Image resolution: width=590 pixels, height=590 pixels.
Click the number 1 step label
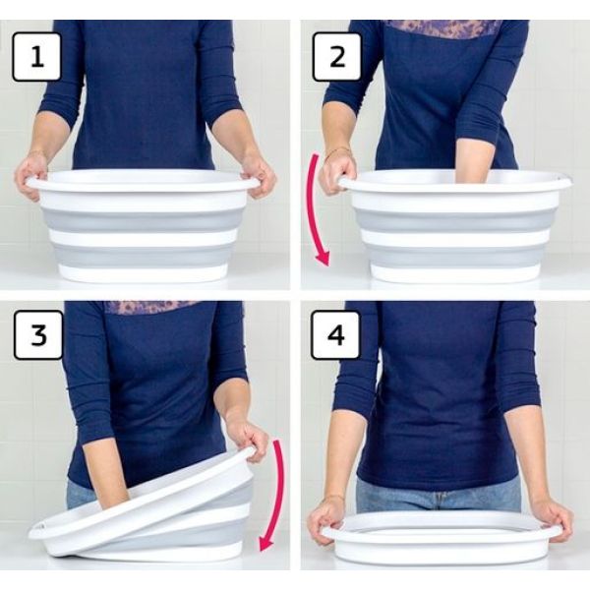click(37, 57)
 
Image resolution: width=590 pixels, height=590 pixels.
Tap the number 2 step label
click(337, 57)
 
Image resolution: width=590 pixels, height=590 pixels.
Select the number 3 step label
click(38, 335)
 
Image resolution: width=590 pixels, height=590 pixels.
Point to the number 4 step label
click(335, 334)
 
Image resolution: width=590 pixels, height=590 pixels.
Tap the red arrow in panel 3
click(277, 497)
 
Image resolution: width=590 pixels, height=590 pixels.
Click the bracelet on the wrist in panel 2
click(337, 151)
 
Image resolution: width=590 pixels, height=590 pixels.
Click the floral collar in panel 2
click(444, 29)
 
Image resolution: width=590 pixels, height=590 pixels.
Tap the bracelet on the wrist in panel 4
click(334, 499)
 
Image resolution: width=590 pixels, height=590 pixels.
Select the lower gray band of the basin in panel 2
click(454, 255)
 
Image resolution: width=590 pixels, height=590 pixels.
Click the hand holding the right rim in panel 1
click(258, 176)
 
